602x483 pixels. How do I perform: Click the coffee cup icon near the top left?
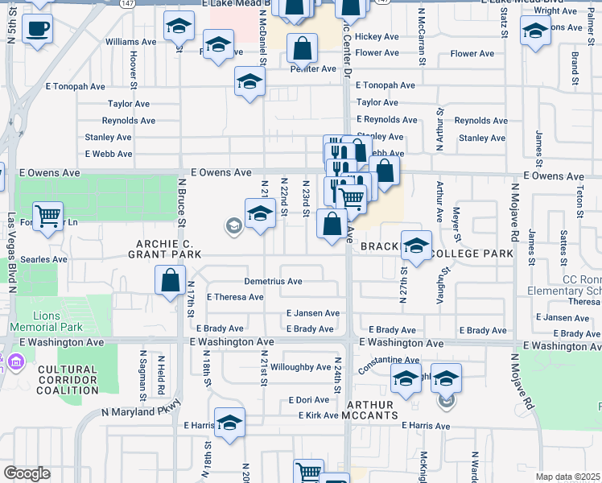[x=37, y=31]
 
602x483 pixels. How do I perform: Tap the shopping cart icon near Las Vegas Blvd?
[x=47, y=216]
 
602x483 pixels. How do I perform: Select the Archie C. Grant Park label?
[x=164, y=248]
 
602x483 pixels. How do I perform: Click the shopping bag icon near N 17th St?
[x=171, y=282]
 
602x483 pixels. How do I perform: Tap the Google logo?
[x=27, y=473]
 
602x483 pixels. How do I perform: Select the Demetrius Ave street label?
[x=273, y=282]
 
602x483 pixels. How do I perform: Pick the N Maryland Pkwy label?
[x=138, y=411]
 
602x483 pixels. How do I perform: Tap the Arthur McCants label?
[x=371, y=410]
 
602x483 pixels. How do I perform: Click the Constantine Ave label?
[x=390, y=360]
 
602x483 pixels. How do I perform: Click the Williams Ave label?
[x=130, y=41]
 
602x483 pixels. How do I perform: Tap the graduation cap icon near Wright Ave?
[x=534, y=32]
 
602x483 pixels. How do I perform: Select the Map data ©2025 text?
[x=568, y=477]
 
